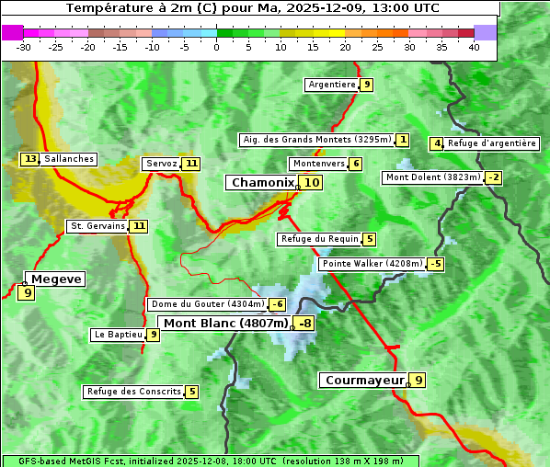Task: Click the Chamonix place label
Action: [262, 183]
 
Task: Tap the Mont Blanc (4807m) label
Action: [225, 324]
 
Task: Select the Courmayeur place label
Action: [364, 380]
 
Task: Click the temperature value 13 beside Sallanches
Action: [30, 159]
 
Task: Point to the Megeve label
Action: [56, 279]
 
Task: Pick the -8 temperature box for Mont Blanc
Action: [304, 324]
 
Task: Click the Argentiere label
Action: [332, 85]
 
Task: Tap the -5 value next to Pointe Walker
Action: [436, 264]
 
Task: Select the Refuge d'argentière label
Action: [492, 143]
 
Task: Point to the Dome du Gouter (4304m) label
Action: [207, 304]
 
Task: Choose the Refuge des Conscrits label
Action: [133, 392]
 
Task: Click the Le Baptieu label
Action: [118, 335]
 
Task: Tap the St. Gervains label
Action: [97, 225]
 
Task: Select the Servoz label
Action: [161, 164]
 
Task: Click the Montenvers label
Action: [318, 164]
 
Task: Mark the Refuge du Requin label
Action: [319, 239]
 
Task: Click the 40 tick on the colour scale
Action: [474, 47]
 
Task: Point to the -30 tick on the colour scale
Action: [24, 47]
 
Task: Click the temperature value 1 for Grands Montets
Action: [403, 140]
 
